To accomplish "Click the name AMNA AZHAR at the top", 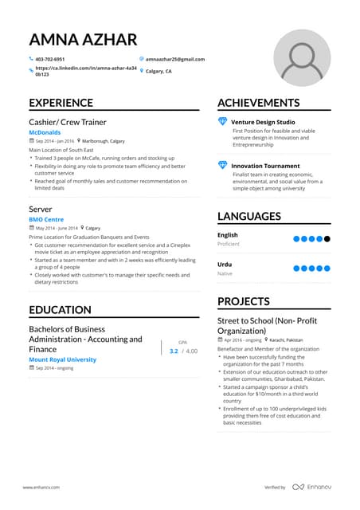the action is click(x=82, y=40).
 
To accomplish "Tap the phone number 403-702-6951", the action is click(x=50, y=59).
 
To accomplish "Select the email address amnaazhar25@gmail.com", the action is click(x=176, y=59).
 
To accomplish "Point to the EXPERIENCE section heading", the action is click(x=61, y=102).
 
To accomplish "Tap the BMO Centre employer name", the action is click(x=45, y=218).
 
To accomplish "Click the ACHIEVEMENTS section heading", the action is click(x=258, y=102).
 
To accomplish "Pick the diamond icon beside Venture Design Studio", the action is click(x=223, y=121).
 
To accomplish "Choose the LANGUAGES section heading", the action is click(x=248, y=216).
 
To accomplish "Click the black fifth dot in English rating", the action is click(x=327, y=238).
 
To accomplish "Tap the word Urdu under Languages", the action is click(x=225, y=264).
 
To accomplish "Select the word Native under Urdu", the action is click(x=225, y=273).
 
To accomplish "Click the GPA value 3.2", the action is click(x=174, y=351).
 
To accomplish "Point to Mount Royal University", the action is click(x=62, y=359).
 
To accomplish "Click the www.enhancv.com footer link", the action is click(x=41, y=487).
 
